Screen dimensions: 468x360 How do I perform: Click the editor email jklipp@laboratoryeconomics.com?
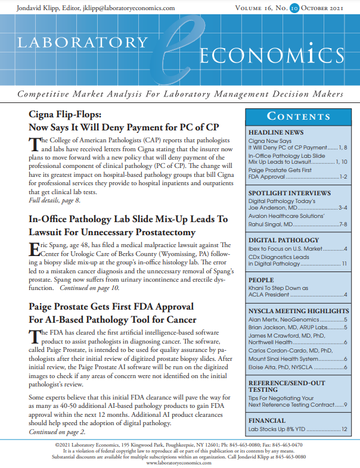(x=136, y=8)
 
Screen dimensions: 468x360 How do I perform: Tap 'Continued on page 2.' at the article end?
(x=57, y=432)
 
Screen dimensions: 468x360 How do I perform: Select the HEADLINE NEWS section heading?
(x=276, y=132)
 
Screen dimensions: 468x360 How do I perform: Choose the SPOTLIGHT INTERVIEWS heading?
(x=289, y=194)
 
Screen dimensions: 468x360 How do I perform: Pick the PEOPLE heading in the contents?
(x=262, y=279)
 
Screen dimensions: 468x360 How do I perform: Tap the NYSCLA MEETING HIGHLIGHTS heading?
(x=299, y=311)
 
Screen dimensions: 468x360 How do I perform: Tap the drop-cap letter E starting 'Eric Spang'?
(x=34, y=251)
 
